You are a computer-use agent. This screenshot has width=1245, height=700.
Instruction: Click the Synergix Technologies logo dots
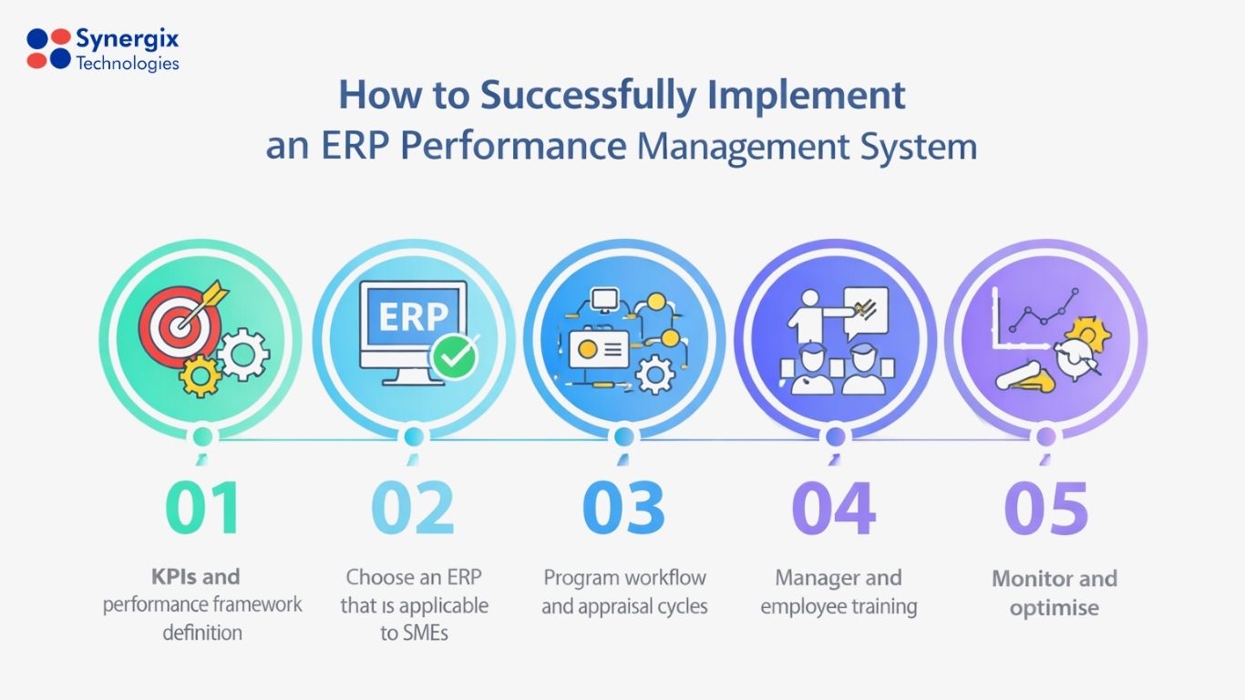48,48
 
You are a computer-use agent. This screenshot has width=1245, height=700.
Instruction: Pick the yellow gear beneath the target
200,375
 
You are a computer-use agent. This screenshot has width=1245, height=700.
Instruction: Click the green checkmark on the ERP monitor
453,356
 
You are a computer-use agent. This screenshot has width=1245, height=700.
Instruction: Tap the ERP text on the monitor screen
413,316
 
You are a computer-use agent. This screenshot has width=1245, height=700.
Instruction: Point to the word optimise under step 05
1055,608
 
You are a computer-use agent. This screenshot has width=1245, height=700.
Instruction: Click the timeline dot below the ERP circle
413,437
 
